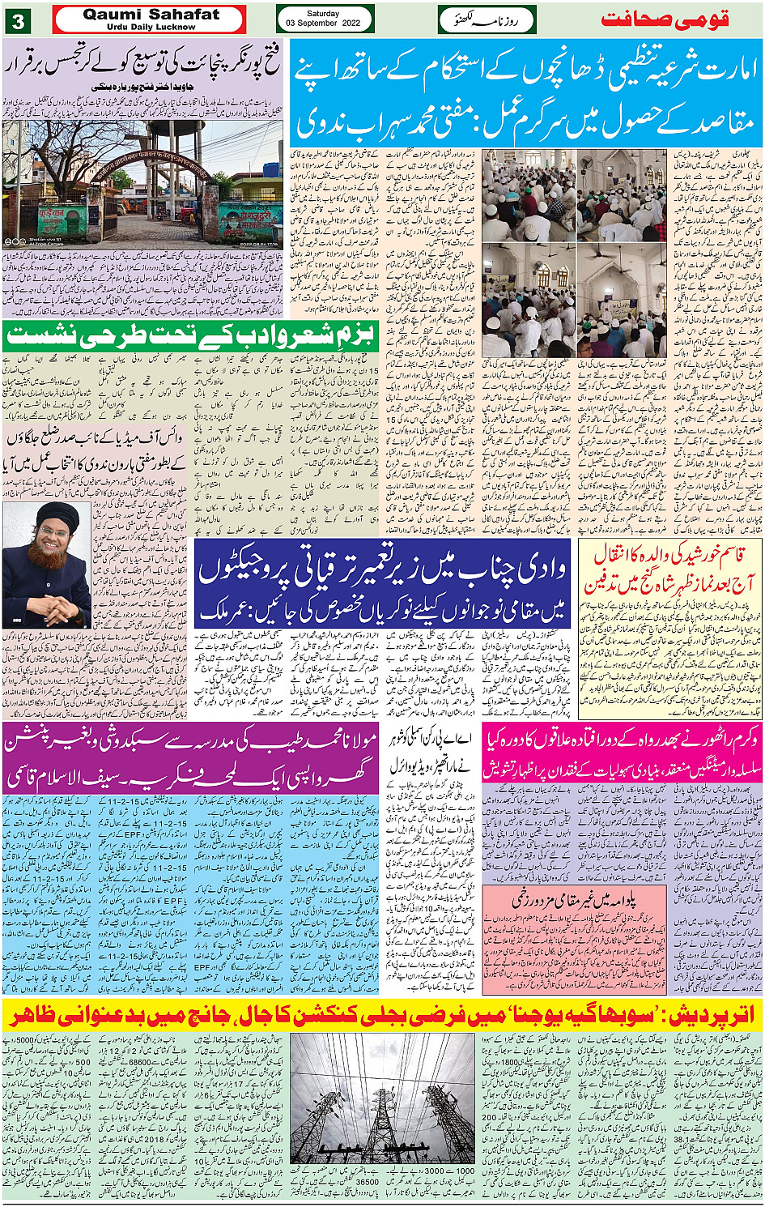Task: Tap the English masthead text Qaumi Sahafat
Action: click(x=151, y=15)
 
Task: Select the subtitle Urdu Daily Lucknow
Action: click(x=151, y=27)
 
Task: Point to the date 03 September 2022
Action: click(x=323, y=23)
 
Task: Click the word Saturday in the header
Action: click(x=323, y=14)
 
